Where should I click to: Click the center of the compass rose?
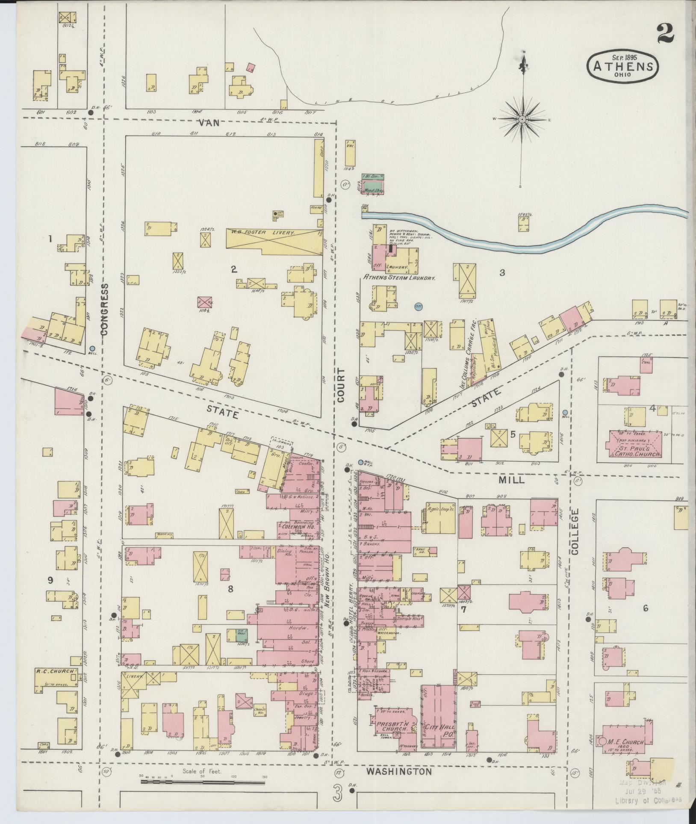[x=522, y=119]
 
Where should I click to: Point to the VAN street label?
[x=209, y=123]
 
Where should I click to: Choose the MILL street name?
[x=511, y=480]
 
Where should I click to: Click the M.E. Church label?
[x=626, y=742]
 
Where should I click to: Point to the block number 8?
[x=230, y=589]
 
